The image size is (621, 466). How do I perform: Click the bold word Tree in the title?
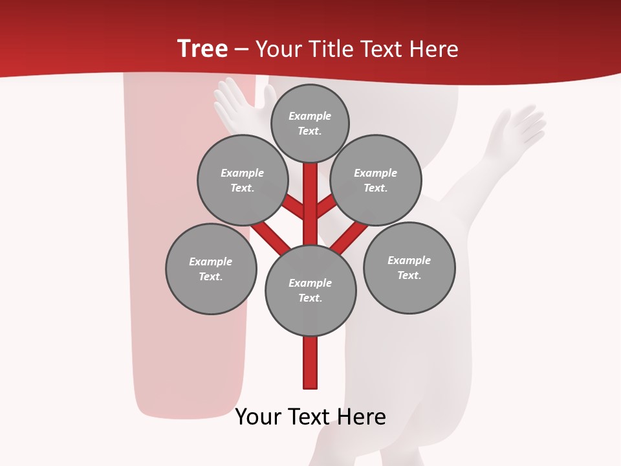pos(202,49)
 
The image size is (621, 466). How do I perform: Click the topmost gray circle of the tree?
pos(310,124)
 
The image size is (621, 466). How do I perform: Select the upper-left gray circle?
pos(243,180)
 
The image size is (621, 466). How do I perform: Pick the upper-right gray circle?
pos(376,181)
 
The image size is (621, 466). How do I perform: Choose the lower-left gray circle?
pos(211,269)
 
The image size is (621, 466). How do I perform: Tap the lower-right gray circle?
pos(409,267)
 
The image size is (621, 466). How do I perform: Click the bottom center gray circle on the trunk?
pos(310,290)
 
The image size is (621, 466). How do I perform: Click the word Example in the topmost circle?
pos(310,116)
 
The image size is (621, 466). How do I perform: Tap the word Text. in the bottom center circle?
pos(310,298)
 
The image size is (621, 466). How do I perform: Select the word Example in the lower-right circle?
pos(409,260)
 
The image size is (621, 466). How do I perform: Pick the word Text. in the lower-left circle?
pos(210,277)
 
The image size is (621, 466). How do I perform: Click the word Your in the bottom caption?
pos(257,417)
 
